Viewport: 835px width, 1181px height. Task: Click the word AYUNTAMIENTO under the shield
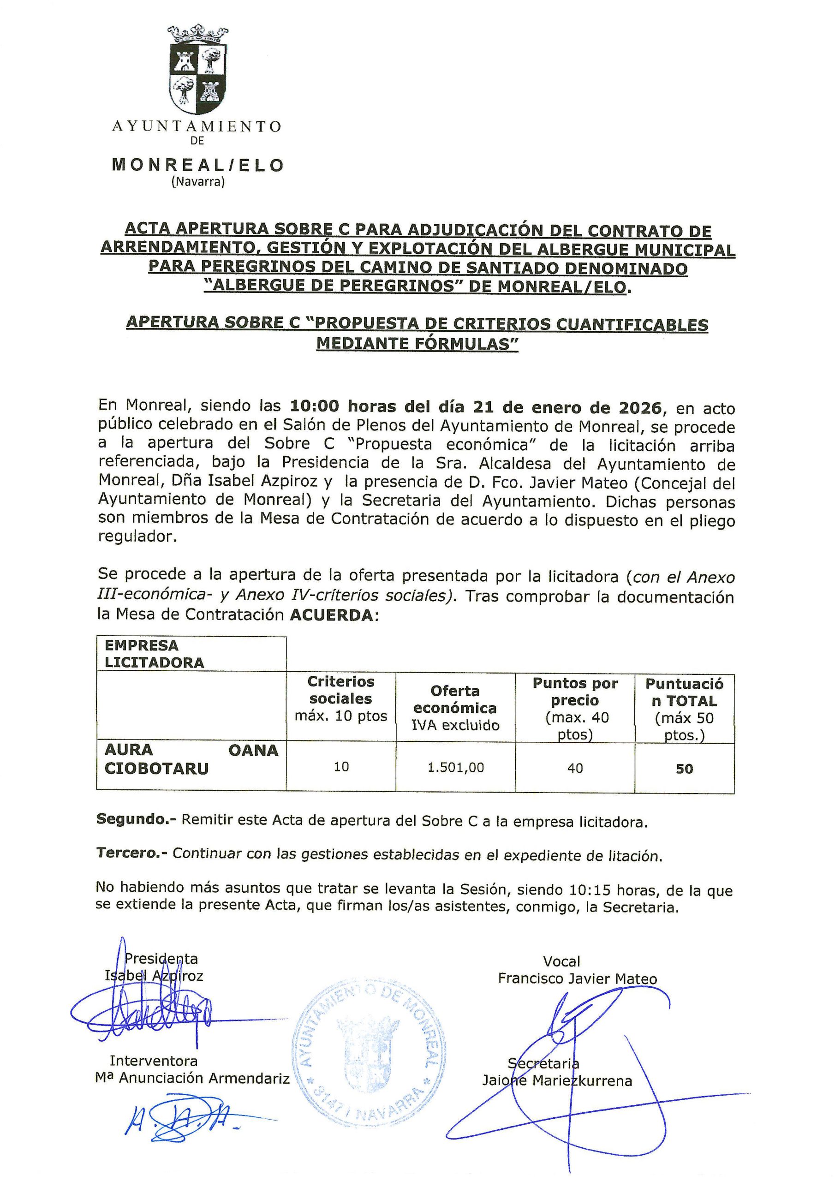197,126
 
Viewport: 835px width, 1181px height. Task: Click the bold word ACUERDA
331,615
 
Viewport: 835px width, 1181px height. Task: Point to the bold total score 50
684,769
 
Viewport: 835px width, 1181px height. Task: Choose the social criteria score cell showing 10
341,767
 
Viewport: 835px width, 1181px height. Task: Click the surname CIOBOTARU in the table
156,769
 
